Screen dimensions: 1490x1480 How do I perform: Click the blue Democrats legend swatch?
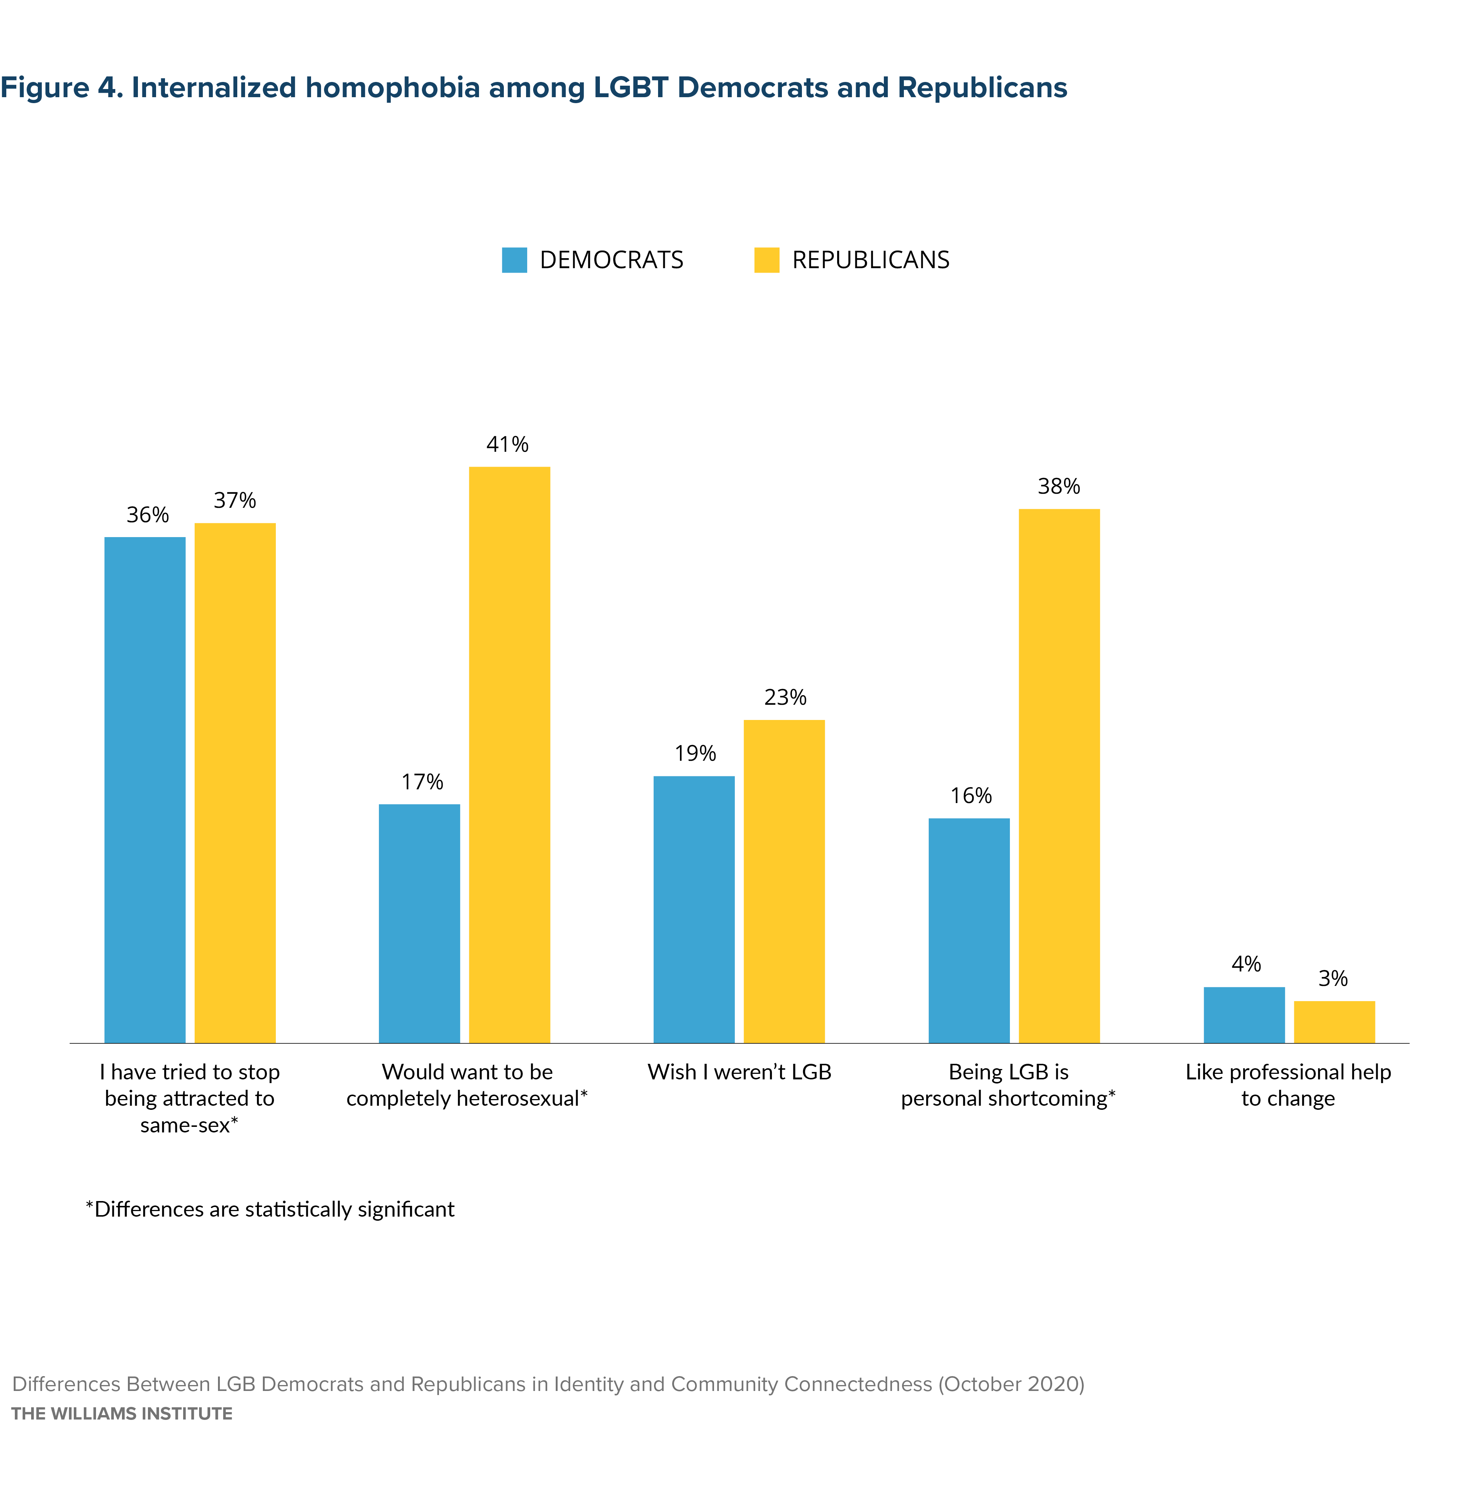[x=514, y=260]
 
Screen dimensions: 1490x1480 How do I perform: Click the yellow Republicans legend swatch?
[x=766, y=260]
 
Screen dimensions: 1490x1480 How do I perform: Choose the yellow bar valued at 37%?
[x=235, y=783]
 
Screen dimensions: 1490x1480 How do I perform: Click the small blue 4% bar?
[x=1244, y=1015]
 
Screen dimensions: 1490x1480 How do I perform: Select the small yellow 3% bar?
[x=1334, y=1022]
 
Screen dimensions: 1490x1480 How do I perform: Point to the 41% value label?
[x=507, y=444]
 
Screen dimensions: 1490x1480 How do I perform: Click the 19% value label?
[x=695, y=753]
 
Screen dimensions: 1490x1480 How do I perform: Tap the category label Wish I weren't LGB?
[x=739, y=1072]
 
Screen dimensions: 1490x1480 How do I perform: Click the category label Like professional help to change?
[x=1288, y=1085]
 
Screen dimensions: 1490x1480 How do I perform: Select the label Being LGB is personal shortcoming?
[x=1008, y=1085]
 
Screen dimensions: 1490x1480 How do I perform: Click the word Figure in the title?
[x=45, y=88]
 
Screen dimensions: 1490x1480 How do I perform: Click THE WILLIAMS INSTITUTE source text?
[x=122, y=1414]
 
